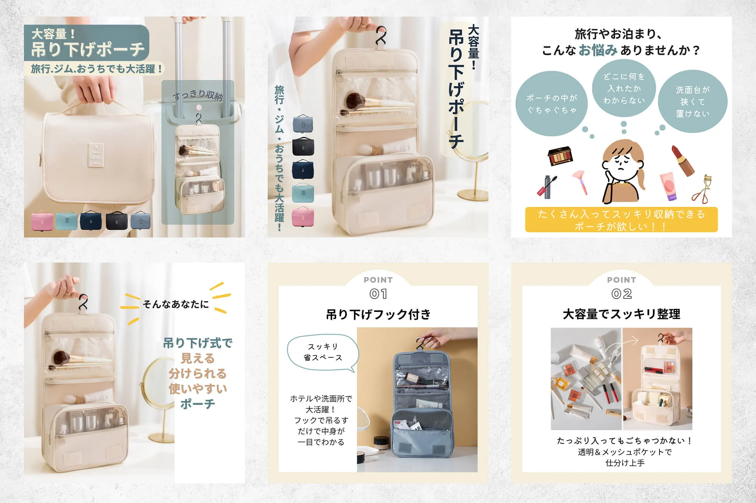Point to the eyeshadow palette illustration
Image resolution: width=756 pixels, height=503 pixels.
click(x=560, y=156)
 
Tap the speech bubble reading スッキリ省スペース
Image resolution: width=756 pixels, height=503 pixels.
click(x=323, y=352)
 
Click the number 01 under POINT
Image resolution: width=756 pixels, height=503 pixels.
click(x=378, y=294)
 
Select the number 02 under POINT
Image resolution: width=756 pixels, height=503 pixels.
click(x=622, y=294)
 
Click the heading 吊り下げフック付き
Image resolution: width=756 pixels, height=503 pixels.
click(x=378, y=314)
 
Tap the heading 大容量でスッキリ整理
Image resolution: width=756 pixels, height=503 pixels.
click(x=622, y=314)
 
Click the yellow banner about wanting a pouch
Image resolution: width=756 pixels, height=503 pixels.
click(x=621, y=220)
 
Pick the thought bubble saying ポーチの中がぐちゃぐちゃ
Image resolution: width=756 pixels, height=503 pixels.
click(x=551, y=104)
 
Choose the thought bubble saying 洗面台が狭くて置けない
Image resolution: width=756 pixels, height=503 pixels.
click(x=692, y=102)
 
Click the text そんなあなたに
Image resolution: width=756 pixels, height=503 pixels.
click(x=176, y=304)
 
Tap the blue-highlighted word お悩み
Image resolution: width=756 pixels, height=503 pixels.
click(x=598, y=50)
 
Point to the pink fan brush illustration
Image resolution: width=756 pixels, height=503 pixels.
click(x=581, y=182)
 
